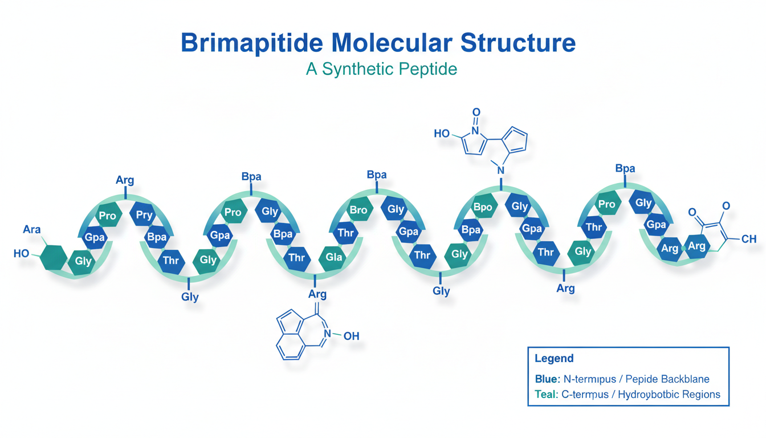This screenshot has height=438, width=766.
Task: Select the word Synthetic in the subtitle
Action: coord(360,69)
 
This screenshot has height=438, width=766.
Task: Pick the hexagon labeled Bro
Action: coord(358,210)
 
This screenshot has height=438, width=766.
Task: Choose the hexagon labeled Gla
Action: coord(333,257)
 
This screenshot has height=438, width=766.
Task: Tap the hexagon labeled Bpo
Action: coord(482,207)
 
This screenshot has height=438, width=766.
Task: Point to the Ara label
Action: coord(32,229)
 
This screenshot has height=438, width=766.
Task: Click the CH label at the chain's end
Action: coord(749,239)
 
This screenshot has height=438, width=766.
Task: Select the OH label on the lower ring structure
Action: coord(351,336)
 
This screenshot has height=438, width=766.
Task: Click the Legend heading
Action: coord(554,359)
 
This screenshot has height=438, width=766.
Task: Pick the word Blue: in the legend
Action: coord(548,379)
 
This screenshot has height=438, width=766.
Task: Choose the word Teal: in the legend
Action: coord(547,394)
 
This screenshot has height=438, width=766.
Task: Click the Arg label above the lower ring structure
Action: coord(317,294)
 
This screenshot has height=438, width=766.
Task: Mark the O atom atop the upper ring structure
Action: coord(476,112)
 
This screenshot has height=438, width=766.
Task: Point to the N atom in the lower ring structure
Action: coord(327,334)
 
